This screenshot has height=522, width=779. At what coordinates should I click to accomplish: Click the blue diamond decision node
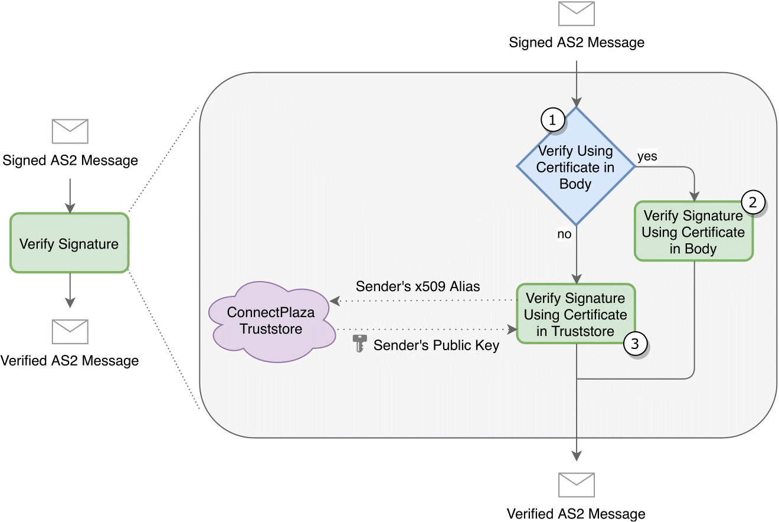(x=575, y=167)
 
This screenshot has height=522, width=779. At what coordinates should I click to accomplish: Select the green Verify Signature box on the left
(x=69, y=243)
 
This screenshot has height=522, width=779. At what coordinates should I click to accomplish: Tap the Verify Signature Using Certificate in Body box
(x=693, y=231)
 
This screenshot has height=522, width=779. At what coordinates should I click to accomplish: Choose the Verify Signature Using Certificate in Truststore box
(x=575, y=314)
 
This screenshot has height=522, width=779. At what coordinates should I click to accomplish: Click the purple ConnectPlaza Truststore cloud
(x=270, y=321)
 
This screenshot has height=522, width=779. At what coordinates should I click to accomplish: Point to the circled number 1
(x=552, y=120)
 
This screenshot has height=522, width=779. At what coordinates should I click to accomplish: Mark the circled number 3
(x=635, y=344)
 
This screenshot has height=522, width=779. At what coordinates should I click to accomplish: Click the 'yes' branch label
(x=647, y=157)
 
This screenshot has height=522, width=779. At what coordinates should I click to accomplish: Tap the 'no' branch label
(x=564, y=234)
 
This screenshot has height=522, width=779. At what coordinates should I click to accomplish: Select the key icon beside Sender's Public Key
(x=359, y=344)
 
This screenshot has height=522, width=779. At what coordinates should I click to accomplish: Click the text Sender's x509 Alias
(x=418, y=287)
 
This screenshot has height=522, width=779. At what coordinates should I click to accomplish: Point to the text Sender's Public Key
(x=436, y=345)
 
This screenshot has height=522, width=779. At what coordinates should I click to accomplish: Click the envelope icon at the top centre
(x=577, y=14)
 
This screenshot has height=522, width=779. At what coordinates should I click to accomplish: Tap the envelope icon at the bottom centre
(x=577, y=485)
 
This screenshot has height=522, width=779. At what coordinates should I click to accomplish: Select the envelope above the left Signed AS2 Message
(x=70, y=131)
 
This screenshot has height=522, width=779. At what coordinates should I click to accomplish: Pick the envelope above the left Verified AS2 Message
(x=70, y=332)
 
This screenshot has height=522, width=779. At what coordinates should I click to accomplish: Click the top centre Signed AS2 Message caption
(x=577, y=43)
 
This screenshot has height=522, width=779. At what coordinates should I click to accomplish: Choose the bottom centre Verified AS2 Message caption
(x=576, y=514)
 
